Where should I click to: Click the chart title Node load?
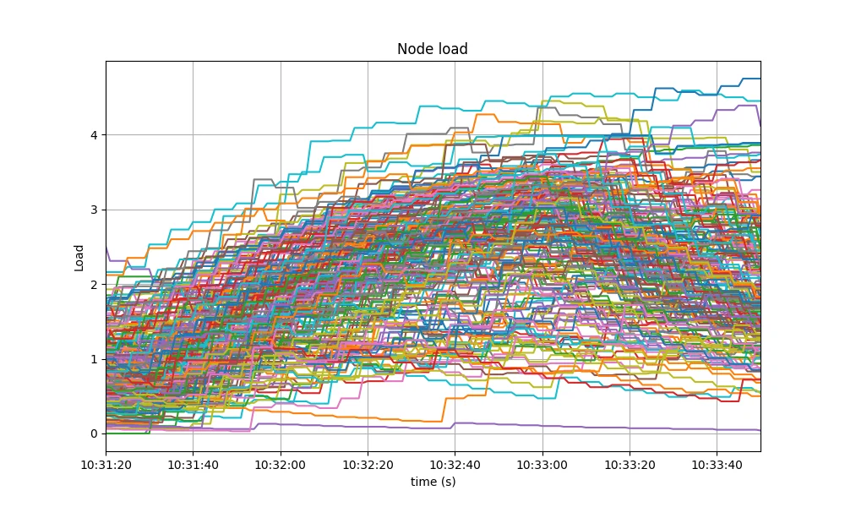432,49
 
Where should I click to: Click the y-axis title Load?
79,258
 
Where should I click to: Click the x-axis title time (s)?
433,481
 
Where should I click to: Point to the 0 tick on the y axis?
95,433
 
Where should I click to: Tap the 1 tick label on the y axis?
95,359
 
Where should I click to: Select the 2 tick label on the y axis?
95,285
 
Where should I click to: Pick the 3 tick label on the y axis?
95,210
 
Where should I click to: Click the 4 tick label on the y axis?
95,134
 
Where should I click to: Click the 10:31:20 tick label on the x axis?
106,465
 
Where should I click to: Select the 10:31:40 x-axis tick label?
193,465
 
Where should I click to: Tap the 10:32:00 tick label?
281,465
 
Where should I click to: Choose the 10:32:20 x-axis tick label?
368,465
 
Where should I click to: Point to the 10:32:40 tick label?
455,465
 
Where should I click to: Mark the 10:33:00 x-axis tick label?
542,465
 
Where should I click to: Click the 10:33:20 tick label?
630,465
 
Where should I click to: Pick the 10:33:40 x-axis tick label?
717,465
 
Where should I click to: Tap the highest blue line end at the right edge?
760,79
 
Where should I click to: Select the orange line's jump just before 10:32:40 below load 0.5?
445,410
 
